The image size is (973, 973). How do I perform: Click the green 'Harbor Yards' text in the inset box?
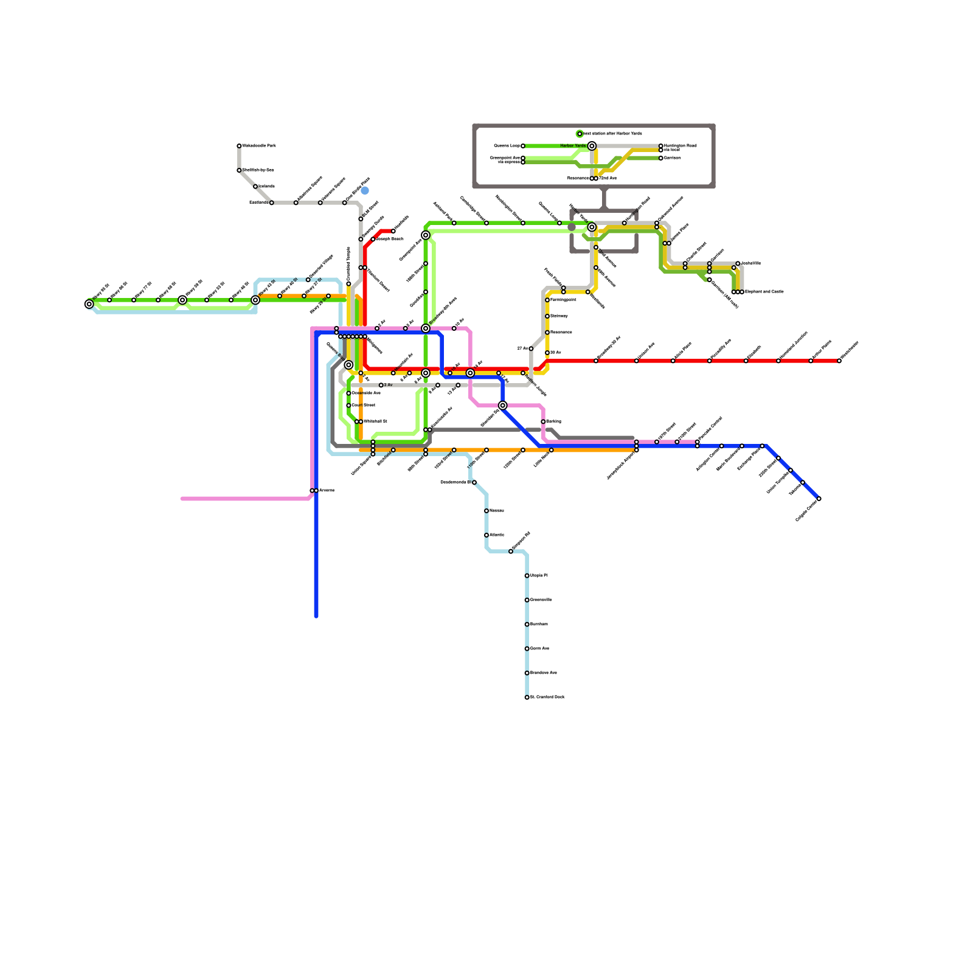coord(573,146)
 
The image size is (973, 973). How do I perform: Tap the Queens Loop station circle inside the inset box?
coord(523,146)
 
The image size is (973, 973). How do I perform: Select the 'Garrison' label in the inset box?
coord(672,158)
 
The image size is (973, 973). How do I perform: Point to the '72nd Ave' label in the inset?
coord(608,178)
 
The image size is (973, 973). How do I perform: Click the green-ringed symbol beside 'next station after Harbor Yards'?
coord(580,134)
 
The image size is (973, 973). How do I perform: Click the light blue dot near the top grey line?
coord(365,191)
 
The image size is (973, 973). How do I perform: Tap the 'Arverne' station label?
coord(327,490)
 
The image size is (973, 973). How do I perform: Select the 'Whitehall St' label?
coord(375,421)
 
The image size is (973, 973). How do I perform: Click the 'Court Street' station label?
coord(364,405)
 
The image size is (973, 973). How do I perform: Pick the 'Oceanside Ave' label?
coord(366,393)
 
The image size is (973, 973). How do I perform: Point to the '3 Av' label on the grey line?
coord(388,385)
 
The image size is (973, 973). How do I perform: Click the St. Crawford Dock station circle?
coord(527,698)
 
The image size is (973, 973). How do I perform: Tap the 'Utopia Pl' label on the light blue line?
coord(539,575)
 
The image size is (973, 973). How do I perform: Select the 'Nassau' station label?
coord(496,511)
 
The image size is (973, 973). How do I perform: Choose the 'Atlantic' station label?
coord(497,535)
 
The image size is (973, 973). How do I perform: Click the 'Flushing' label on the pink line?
coord(553,421)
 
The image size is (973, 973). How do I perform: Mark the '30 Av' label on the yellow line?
coord(555,353)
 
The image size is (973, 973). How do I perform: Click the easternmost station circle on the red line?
coord(839,361)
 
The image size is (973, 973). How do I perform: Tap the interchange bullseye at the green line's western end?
coord(89,304)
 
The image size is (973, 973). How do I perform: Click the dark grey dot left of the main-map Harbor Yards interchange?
coord(572,227)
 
